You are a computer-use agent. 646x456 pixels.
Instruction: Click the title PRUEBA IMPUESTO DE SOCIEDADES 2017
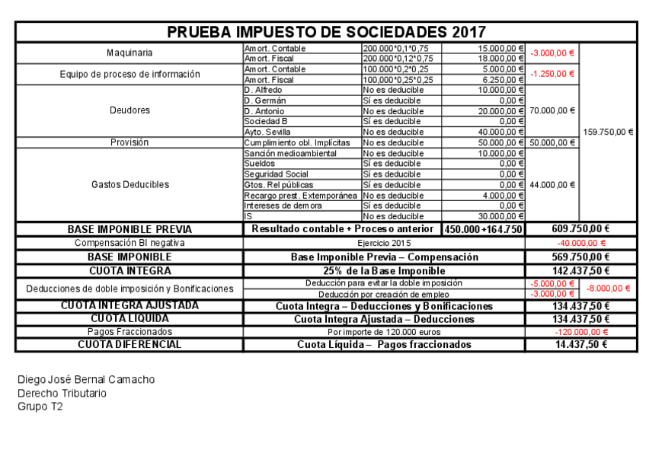coord(326,32)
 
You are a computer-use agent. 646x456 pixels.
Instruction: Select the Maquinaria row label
coord(130,53)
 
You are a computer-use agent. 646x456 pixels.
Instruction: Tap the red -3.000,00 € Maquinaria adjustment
coord(552,53)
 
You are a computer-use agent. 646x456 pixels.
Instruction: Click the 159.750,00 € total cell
coord(608,132)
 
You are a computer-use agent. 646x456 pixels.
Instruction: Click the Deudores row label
coord(130,110)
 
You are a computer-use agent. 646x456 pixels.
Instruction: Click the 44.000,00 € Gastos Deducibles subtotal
coord(552,184)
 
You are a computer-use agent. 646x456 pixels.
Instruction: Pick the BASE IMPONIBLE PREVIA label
coord(130,229)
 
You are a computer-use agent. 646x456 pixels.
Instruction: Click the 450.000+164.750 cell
coord(483,229)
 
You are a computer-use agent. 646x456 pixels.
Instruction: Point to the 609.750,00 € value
coord(580,229)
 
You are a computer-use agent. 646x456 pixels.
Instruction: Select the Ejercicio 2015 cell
coord(383,243)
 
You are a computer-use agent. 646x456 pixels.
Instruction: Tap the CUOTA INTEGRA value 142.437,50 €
coord(580,270)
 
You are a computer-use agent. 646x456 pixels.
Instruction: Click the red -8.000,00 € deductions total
coord(609,289)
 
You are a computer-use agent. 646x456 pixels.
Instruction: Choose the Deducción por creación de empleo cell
coord(383,294)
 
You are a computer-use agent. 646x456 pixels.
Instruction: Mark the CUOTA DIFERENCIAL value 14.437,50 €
coord(580,344)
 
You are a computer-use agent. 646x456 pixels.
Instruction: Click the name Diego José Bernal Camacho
coord(85,380)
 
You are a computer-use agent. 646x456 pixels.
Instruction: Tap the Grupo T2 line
coord(40,407)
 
